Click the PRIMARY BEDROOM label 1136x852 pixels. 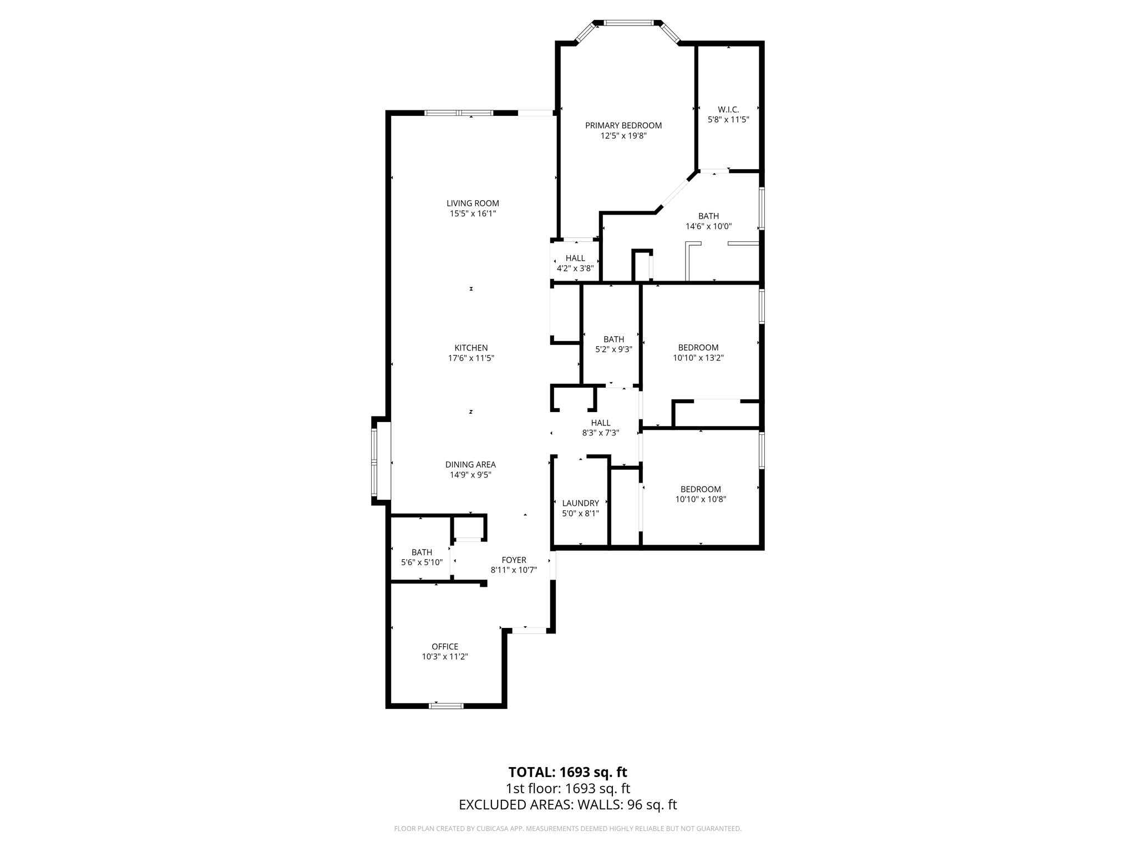click(x=623, y=125)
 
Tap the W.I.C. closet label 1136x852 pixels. click(x=728, y=109)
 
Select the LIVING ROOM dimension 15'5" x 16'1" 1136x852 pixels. click(x=473, y=214)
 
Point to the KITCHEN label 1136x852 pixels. click(x=471, y=348)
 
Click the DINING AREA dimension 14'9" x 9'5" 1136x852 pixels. click(x=470, y=475)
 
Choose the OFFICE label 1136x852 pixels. click(x=445, y=646)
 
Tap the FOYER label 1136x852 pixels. click(x=514, y=560)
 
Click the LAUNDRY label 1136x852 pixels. click(x=580, y=503)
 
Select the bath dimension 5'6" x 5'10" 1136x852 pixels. click(x=422, y=562)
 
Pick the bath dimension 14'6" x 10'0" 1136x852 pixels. click(x=708, y=226)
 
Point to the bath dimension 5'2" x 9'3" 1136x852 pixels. click(x=613, y=349)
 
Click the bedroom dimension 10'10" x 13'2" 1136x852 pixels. click(x=698, y=358)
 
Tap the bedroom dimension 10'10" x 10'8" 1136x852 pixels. click(x=701, y=499)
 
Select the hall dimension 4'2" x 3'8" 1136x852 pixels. click(x=575, y=268)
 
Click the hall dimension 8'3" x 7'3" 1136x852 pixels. click(x=600, y=433)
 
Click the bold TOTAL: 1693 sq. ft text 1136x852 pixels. click(x=567, y=772)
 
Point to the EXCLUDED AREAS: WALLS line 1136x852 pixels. click(x=567, y=805)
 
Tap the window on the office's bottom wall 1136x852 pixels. click(x=446, y=706)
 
